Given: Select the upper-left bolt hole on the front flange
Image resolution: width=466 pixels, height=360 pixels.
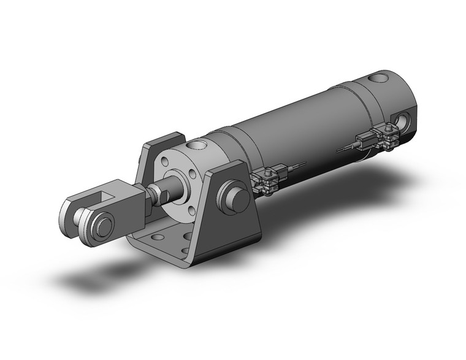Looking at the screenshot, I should click(166, 163).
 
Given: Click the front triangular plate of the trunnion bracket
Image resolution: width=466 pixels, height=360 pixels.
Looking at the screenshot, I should click(233, 209).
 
